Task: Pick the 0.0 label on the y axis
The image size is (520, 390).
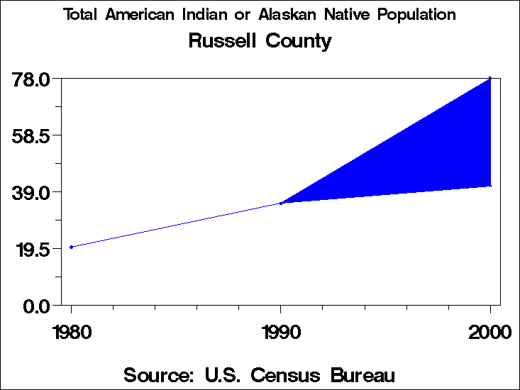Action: pos(36,306)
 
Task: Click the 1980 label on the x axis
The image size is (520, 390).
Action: pos(71,332)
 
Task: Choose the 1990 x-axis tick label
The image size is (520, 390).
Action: pos(281,332)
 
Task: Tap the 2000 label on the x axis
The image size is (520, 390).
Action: pos(489,332)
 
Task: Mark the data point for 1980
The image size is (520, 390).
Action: pos(71,247)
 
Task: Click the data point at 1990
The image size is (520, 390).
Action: pos(281,204)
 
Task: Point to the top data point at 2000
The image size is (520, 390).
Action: pos(490,78)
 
